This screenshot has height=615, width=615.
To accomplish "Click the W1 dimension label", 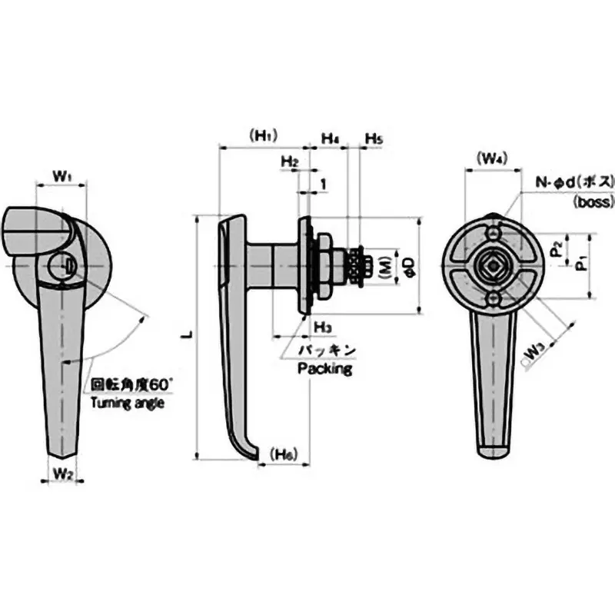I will pos(62,177).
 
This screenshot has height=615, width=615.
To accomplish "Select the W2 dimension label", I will pos(63,476).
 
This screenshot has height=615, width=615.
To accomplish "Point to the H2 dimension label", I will pos(289,161).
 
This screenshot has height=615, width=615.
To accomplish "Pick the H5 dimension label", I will pos(374,138).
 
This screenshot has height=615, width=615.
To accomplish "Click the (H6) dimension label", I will pos(284,454).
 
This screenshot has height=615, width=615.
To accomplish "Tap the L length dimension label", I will pos(187,335).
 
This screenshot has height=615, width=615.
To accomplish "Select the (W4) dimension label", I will pos(491,159).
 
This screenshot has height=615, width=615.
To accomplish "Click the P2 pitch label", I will pos(557,248).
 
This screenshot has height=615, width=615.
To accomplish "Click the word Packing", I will pos(324,369).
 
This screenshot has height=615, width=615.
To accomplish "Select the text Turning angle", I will pos(127,402).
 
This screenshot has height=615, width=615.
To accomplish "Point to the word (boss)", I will pos(594,202).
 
